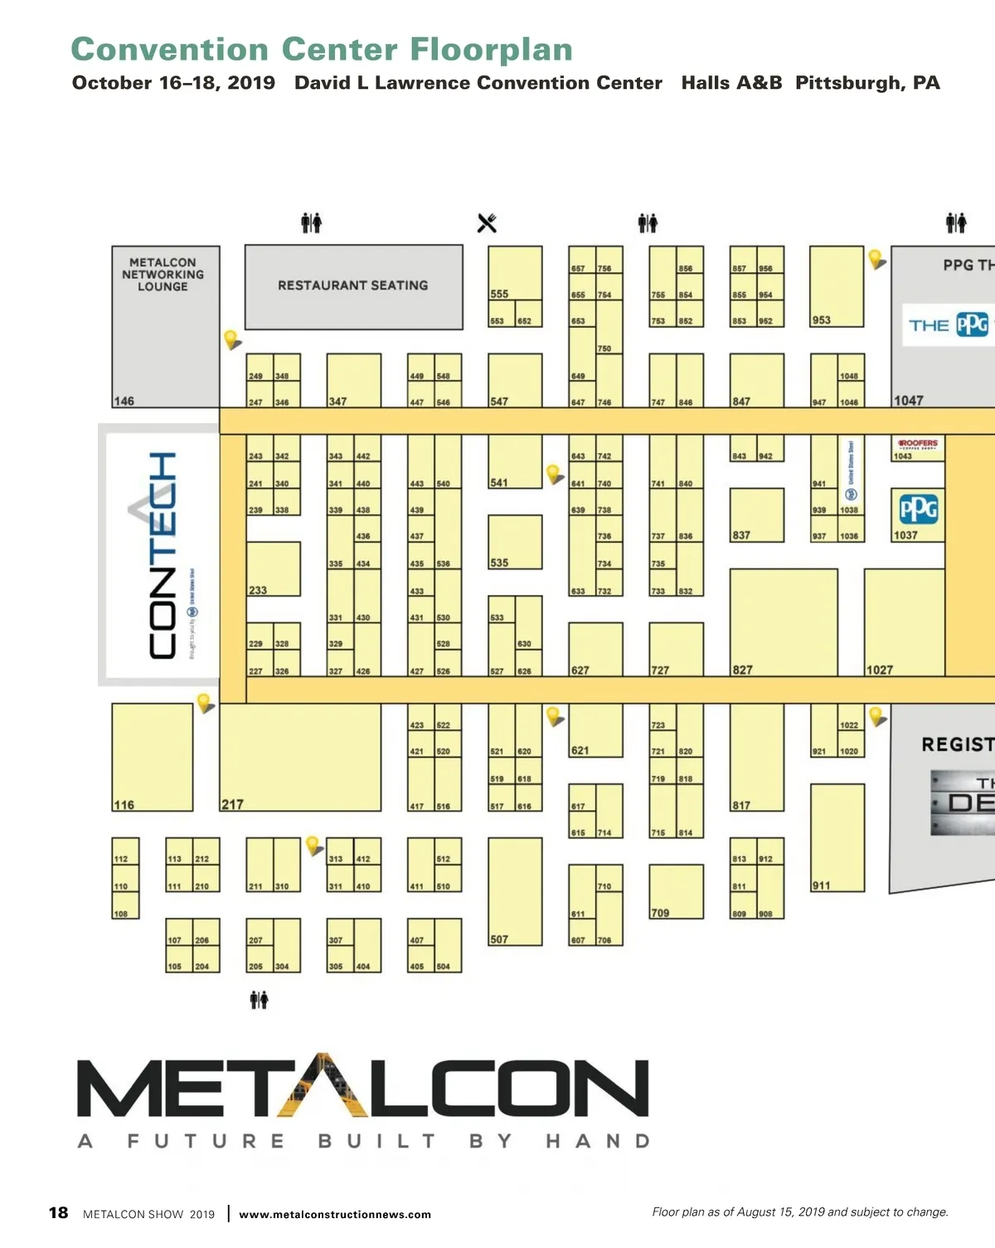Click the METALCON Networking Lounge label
tap(163, 275)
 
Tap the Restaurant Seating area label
tap(352, 285)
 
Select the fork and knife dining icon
tap(487, 223)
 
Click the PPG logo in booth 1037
tap(919, 509)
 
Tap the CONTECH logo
tap(163, 556)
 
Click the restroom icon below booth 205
tap(260, 1000)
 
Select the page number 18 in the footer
tap(58, 1212)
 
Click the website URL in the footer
tap(335, 1214)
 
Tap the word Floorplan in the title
tap(492, 50)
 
